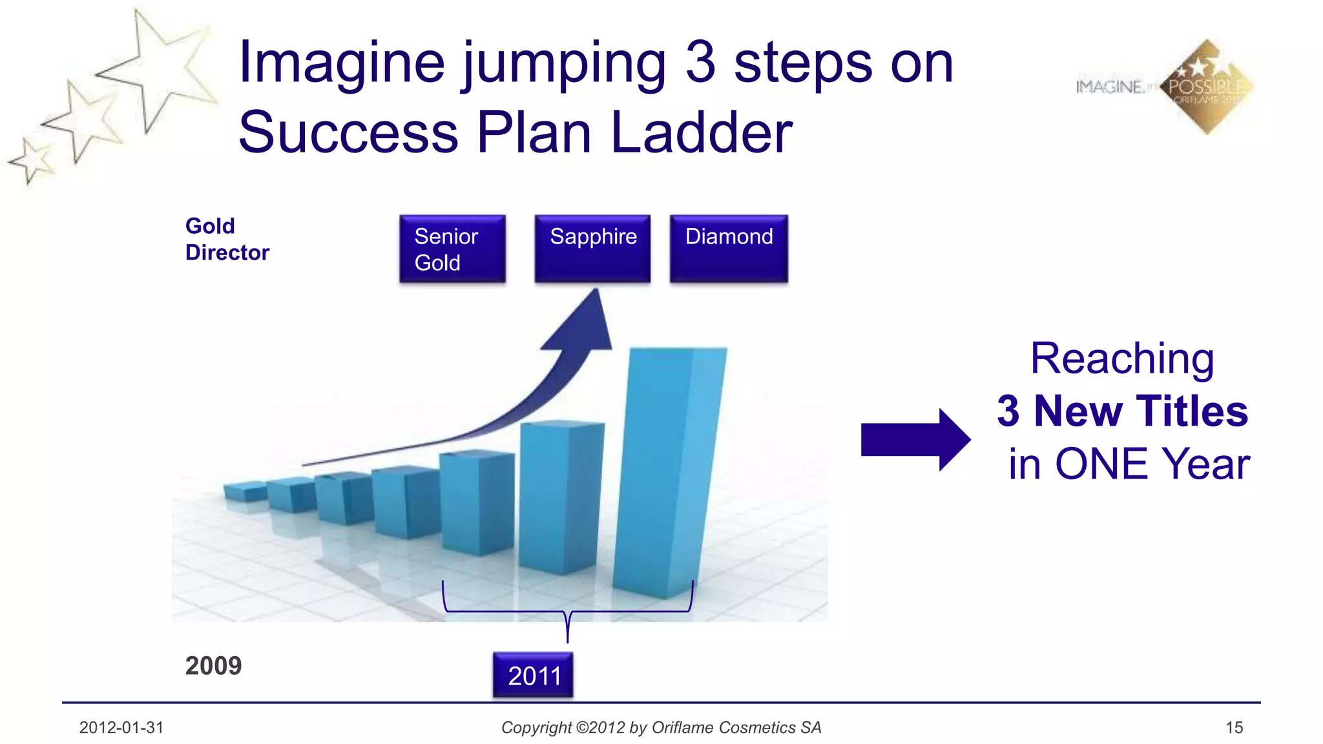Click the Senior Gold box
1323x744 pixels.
[452, 249]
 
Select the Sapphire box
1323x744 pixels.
[592, 249]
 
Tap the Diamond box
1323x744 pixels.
[729, 249]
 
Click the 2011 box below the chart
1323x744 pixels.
[533, 676]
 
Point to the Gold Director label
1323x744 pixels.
[227, 239]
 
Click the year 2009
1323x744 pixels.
[213, 666]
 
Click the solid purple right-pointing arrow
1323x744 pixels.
[915, 440]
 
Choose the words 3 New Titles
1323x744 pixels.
[1122, 411]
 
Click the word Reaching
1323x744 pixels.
[1122, 358]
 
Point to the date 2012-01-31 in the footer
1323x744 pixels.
[121, 728]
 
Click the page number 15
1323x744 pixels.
[1234, 728]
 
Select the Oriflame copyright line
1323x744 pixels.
[661, 728]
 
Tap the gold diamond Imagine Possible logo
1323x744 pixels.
[1207, 87]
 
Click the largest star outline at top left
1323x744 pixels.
[158, 71]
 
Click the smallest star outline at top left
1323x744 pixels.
[31, 160]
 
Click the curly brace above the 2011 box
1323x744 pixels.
[567, 610]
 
